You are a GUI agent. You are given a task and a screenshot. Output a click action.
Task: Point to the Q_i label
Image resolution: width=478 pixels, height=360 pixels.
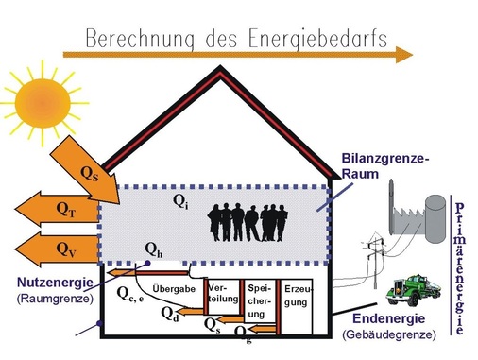pos(179,202)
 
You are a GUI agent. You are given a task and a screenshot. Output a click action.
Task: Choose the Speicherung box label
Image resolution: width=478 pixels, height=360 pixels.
pos(260,300)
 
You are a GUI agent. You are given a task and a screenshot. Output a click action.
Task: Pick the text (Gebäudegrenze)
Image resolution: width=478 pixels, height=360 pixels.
pos(387,334)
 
